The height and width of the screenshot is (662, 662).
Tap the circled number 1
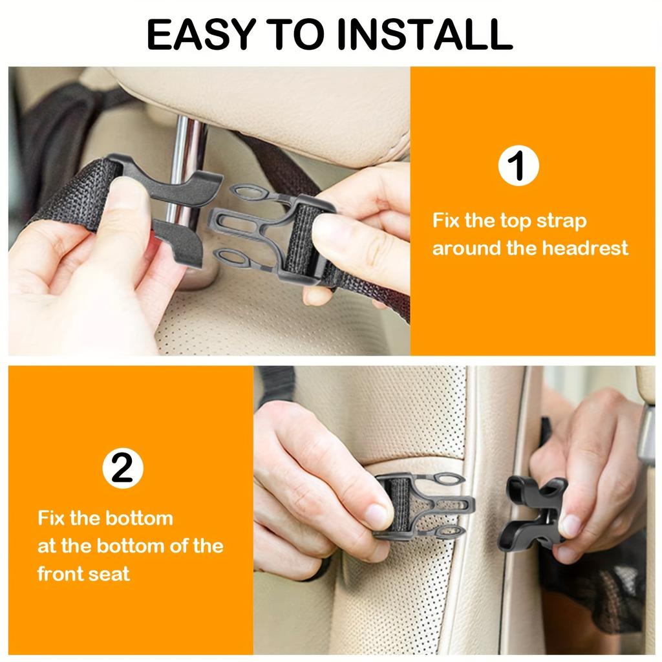(518, 166)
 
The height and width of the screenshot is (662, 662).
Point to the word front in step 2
(64, 573)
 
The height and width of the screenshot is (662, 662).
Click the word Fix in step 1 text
(447, 220)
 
